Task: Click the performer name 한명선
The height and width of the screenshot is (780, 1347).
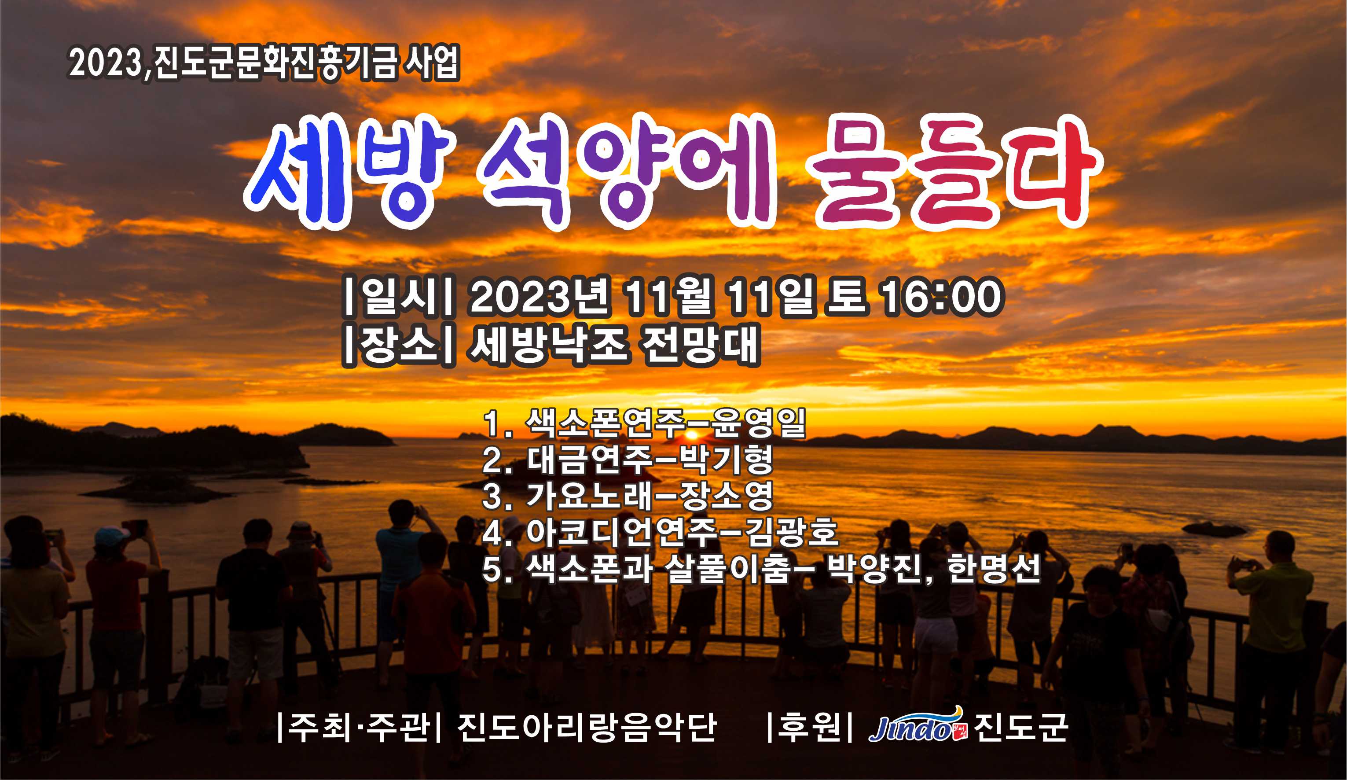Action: (994, 568)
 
